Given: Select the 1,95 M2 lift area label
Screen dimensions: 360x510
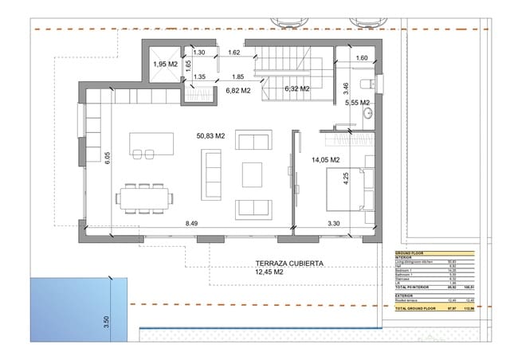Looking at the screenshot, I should tap(166, 63).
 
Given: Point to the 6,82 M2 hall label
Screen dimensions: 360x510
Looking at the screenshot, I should tap(238, 91).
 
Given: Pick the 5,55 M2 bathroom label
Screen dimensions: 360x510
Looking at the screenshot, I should tap(357, 103).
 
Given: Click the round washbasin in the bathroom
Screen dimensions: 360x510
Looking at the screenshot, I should tap(367, 116).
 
